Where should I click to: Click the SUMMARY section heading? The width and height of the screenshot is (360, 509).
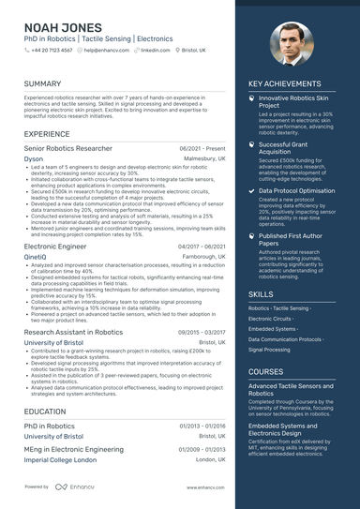coord(43,83)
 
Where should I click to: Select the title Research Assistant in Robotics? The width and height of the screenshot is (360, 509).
coord(73,332)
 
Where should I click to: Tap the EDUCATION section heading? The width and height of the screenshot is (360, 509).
coord(45,412)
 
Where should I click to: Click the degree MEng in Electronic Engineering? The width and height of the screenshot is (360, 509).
coord(75,450)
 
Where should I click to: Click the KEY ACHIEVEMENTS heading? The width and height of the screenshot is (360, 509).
coord(286,83)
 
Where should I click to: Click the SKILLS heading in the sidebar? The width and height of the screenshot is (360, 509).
coord(262,293)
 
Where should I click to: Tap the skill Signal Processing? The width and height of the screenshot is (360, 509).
coord(270,349)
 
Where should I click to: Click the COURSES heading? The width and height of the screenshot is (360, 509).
coord(265,371)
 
